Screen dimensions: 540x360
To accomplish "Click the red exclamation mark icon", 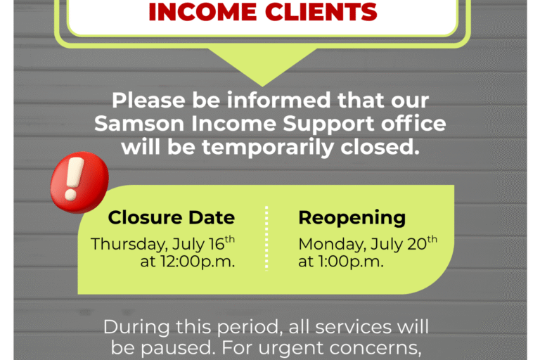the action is (79, 182).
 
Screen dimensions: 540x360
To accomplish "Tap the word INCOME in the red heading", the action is (202, 12).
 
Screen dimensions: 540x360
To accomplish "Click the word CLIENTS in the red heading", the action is (321, 12).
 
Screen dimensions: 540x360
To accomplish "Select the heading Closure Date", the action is (171, 217).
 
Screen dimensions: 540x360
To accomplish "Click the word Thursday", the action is (129, 244).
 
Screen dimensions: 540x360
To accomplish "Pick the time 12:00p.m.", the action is (198, 262).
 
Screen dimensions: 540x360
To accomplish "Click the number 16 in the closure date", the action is (217, 244).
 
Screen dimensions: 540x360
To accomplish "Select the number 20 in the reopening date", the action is (417, 244).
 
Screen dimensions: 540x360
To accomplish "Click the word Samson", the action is (139, 124).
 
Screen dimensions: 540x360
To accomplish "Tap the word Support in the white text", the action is (328, 124).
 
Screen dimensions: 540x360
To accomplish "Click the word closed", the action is (380, 147).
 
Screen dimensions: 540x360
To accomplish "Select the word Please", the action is (149, 101).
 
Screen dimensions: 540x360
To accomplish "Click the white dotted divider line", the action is (266, 238).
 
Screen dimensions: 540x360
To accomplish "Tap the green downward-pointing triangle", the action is (262, 65).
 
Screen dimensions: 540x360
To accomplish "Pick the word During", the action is (136, 326).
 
